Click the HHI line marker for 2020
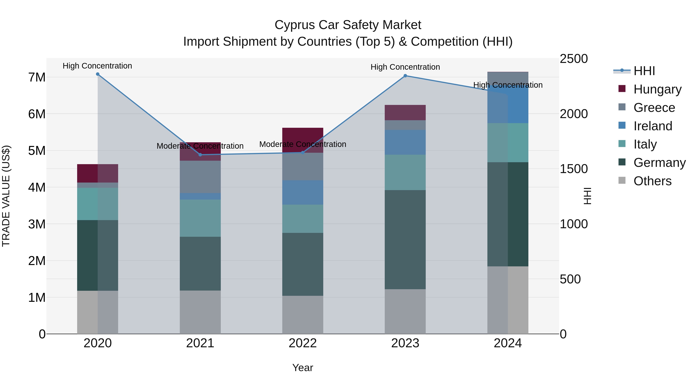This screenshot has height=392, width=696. tap(98, 74)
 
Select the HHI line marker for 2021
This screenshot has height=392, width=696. tap(200, 155)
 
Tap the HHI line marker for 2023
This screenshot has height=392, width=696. tap(405, 76)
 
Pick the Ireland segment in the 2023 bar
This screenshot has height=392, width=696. tap(405, 142)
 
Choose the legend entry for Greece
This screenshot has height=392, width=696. tap(654, 108)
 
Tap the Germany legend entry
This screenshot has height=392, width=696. tap(659, 163)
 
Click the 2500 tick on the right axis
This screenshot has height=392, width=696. tap(573, 59)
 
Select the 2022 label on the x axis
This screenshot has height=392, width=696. tap(303, 343)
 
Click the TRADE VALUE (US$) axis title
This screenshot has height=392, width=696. tap(6, 196)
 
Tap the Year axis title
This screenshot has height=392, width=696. tap(303, 368)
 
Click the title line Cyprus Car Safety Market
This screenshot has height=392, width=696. tap(348, 25)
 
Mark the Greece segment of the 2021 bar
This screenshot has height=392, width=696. tap(200, 177)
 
